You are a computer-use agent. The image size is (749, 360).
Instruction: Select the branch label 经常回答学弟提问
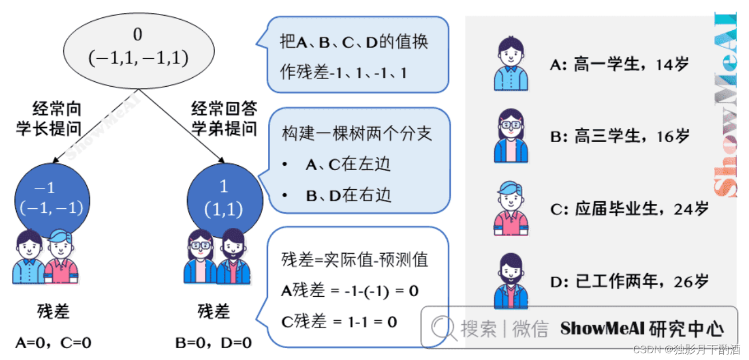(x=224, y=119)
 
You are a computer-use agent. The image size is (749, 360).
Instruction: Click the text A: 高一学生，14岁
(x=619, y=64)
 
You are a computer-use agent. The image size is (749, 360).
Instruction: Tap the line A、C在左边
(x=347, y=164)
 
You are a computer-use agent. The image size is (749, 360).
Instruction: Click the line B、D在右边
(x=347, y=195)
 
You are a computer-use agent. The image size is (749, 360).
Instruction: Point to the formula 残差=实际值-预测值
(x=354, y=260)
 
